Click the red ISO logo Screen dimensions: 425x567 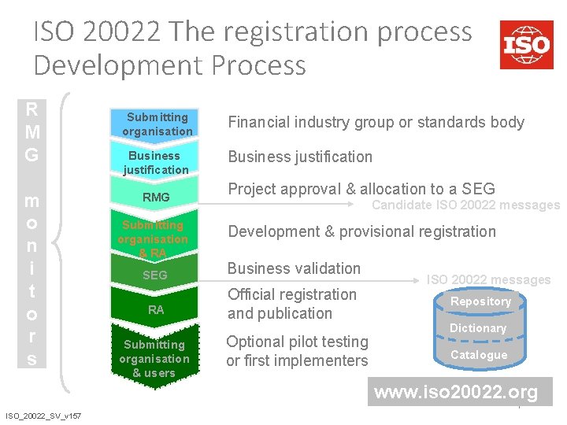pyautogui.click(x=526, y=44)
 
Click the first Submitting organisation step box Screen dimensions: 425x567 pyautogui.click(x=157, y=124)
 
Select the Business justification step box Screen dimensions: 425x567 pyautogui.click(x=157, y=162)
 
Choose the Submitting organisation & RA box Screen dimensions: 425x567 pyautogui.click(x=154, y=238)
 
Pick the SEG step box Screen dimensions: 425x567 pyautogui.click(x=154, y=275)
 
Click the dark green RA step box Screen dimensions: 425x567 pyautogui.click(x=156, y=310)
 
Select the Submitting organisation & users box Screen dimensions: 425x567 pyautogui.click(x=154, y=358)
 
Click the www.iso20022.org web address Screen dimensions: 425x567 pyautogui.click(x=456, y=392)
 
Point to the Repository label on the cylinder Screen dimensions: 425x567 pyautogui.click(x=480, y=301)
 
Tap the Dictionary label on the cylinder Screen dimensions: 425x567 pyautogui.click(x=477, y=328)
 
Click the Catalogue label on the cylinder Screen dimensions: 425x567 pyautogui.click(x=479, y=355)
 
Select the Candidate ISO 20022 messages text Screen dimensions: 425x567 pyautogui.click(x=465, y=205)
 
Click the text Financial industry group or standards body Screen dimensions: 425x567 pyautogui.click(x=376, y=122)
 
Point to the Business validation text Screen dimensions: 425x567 pyautogui.click(x=294, y=268)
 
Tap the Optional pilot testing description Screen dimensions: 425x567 pyautogui.click(x=297, y=351)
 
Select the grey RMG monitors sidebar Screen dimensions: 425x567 pyautogui.click(x=31, y=233)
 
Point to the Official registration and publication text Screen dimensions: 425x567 pyautogui.click(x=291, y=304)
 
